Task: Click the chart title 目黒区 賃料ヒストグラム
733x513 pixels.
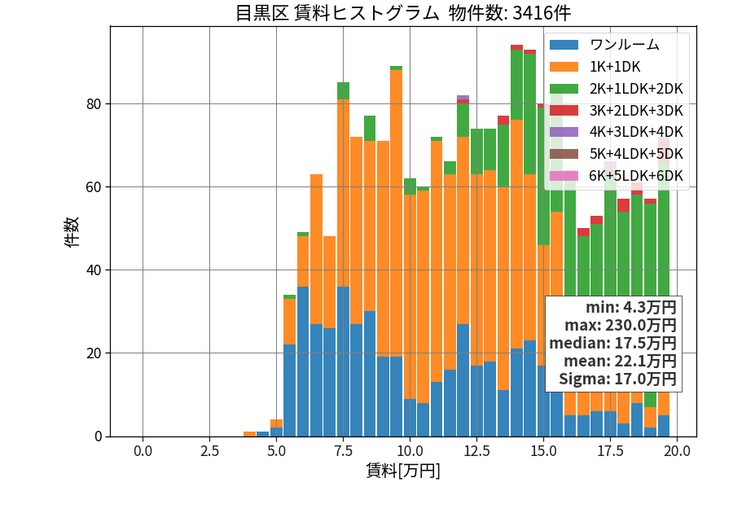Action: pos(337,13)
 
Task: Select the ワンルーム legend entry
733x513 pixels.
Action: pos(605,45)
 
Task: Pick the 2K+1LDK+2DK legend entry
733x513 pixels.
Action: pos(617,89)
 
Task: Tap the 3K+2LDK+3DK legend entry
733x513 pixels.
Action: pos(617,110)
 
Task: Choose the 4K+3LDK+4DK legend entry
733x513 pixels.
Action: pos(617,132)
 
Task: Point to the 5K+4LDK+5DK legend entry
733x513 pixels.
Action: pos(617,154)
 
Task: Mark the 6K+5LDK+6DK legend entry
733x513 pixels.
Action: pos(617,176)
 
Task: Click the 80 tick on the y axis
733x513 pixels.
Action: pos(94,104)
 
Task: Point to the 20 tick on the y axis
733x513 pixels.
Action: pos(94,353)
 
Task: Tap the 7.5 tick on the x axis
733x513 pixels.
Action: pos(343,451)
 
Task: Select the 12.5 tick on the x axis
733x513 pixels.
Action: pos(476,451)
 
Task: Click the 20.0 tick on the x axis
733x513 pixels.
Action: pos(678,451)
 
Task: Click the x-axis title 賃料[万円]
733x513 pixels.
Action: pos(403,471)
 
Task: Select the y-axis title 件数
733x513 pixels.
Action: pos(72,232)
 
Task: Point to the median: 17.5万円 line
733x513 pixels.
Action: pos(612,343)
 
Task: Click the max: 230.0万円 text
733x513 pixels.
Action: pos(621,325)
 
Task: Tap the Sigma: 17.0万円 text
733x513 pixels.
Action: pos(617,379)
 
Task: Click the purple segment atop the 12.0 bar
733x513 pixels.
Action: pos(463,97)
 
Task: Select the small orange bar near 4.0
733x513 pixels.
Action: pos(250,434)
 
